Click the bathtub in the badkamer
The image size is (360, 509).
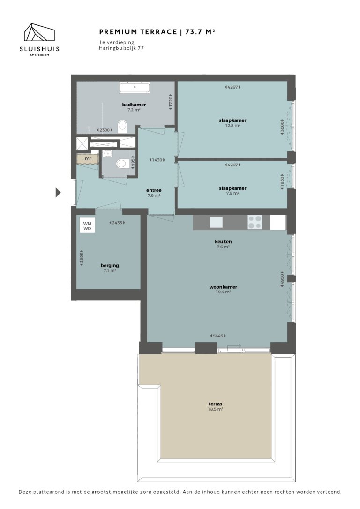[x=135, y=87]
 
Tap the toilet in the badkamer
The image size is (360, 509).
[x=123, y=126]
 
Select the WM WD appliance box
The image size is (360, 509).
[x=88, y=226]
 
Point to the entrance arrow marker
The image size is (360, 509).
[x=59, y=192]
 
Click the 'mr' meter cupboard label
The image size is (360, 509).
[x=88, y=159]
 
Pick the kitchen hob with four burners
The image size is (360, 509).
[x=255, y=222]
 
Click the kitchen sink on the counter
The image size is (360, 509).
[x=216, y=222]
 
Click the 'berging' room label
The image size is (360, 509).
[x=110, y=265]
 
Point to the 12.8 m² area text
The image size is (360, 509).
[x=232, y=126]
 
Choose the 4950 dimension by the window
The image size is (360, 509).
[x=282, y=280]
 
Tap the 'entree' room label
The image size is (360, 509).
[x=154, y=190]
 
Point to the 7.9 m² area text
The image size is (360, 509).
[x=232, y=193]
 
